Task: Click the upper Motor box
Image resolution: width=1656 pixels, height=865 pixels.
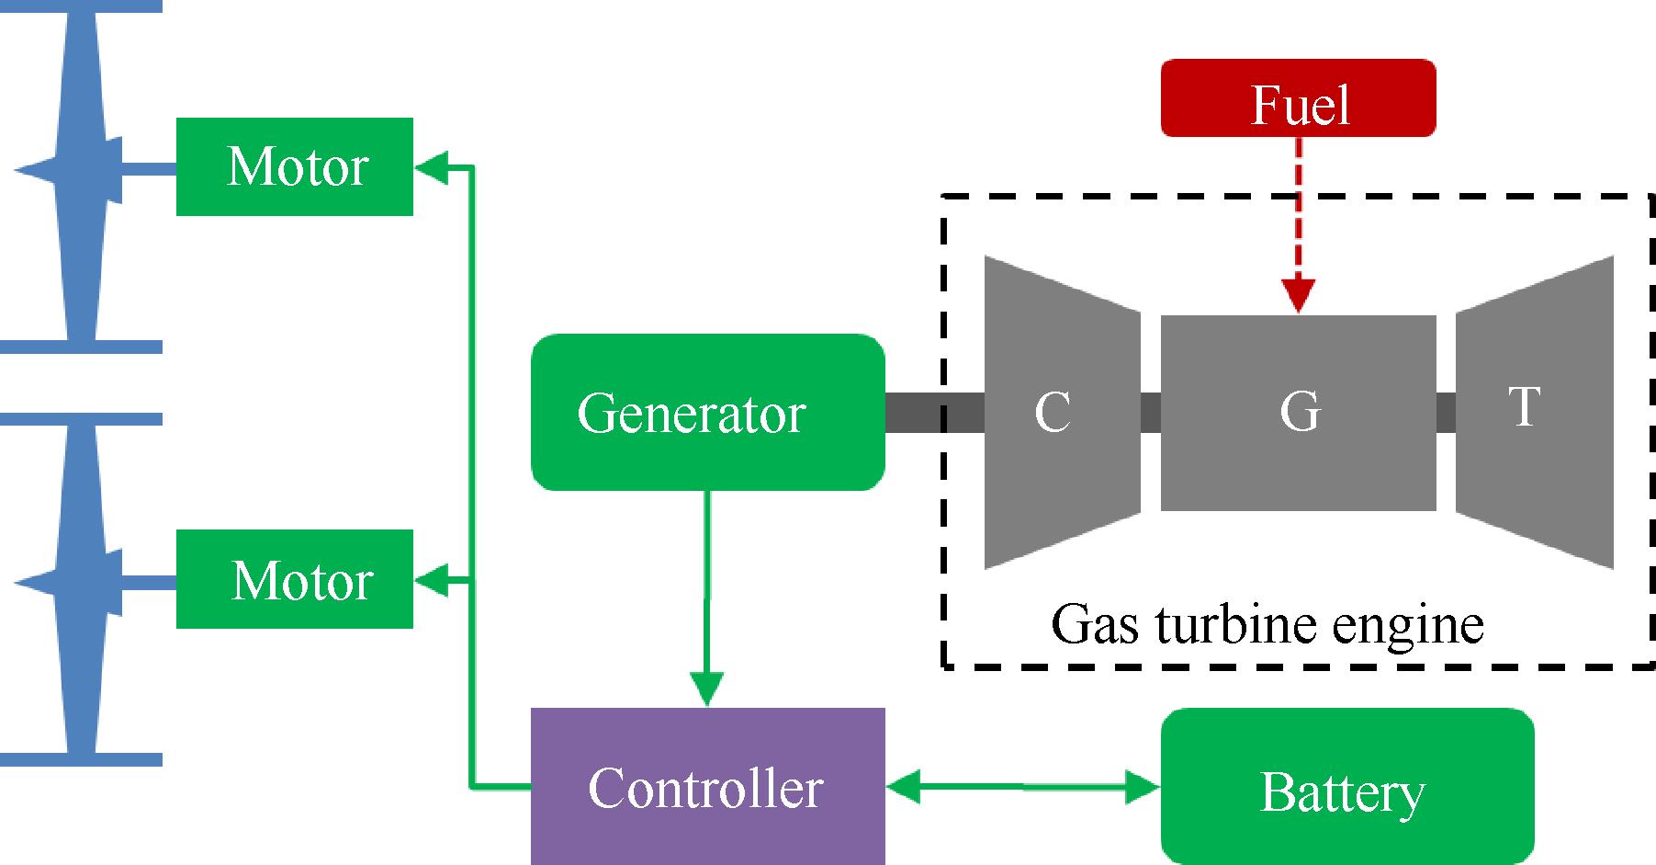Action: tap(294, 166)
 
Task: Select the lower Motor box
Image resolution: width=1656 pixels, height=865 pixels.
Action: tap(294, 579)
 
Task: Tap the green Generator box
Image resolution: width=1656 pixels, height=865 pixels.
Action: tap(707, 412)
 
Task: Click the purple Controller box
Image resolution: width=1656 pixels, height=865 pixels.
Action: tap(707, 786)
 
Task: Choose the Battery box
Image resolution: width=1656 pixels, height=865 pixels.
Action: tap(1346, 787)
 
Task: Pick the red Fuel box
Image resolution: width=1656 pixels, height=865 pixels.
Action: tap(1298, 98)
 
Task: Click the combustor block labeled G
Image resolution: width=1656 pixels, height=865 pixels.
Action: tap(1298, 412)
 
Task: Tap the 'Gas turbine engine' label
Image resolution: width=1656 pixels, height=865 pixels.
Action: tap(1267, 625)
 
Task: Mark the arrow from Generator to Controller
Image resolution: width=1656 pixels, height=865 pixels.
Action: tap(707, 598)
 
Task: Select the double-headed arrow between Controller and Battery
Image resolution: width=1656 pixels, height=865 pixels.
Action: tap(1023, 787)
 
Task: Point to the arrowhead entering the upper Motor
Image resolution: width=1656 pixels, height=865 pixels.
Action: tap(432, 166)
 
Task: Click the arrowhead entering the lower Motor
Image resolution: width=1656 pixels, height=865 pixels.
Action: tap(432, 580)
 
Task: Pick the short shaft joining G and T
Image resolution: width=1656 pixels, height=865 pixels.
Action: tap(1446, 412)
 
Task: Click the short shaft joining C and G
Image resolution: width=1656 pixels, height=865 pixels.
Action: tap(1151, 412)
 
